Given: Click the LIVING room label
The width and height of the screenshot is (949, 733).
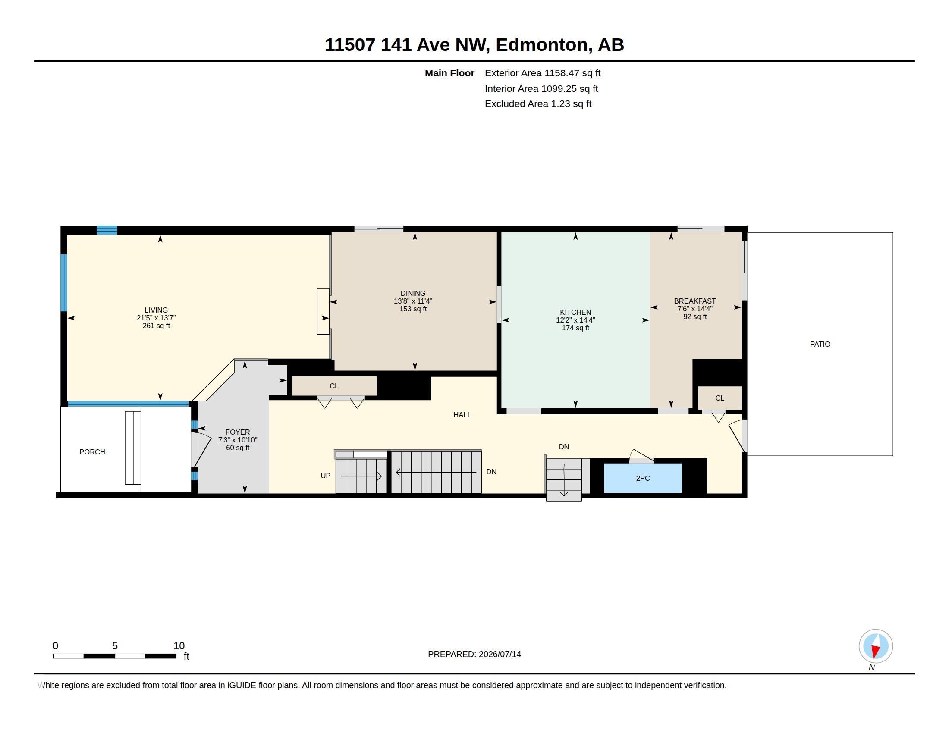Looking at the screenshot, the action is pyautogui.click(x=156, y=310).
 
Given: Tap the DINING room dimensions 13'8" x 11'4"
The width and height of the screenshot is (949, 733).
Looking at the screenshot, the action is pyautogui.click(x=413, y=301).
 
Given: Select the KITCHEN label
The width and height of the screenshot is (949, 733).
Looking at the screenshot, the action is pyautogui.click(x=575, y=312).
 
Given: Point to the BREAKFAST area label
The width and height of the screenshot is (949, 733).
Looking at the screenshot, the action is pyautogui.click(x=695, y=301).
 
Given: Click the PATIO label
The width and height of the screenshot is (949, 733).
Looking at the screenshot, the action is pyautogui.click(x=820, y=344).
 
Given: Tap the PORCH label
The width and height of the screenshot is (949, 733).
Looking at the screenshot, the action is pyautogui.click(x=92, y=452).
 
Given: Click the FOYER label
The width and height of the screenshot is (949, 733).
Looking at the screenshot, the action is pyautogui.click(x=238, y=432).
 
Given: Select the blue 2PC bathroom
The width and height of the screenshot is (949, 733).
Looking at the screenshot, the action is pyautogui.click(x=643, y=478).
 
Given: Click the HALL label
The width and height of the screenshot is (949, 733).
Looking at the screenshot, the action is pyautogui.click(x=462, y=415).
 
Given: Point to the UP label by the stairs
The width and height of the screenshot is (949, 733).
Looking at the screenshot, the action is pyautogui.click(x=325, y=476).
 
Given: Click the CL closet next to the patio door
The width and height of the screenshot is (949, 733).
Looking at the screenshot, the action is pyautogui.click(x=720, y=398).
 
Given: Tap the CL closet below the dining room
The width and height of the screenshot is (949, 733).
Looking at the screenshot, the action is pyautogui.click(x=334, y=386).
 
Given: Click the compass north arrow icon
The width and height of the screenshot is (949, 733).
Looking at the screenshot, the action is pyautogui.click(x=876, y=646).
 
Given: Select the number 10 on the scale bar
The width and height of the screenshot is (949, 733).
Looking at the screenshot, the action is pyautogui.click(x=179, y=646).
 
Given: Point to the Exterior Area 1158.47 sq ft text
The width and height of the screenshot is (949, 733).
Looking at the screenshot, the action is pyautogui.click(x=543, y=73).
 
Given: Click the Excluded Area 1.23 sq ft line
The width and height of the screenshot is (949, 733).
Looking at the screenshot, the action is pyautogui.click(x=538, y=104).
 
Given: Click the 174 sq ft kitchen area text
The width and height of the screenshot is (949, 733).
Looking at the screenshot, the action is pyautogui.click(x=575, y=328).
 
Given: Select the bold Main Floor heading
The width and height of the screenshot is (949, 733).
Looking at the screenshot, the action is pyautogui.click(x=449, y=73).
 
